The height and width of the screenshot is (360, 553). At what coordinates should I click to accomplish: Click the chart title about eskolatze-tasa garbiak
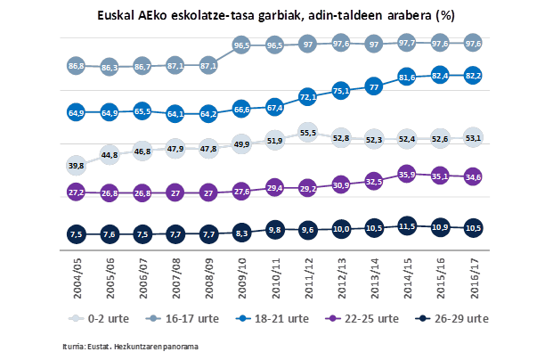tap(276, 15)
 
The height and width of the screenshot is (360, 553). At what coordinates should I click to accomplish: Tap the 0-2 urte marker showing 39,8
tap(76, 165)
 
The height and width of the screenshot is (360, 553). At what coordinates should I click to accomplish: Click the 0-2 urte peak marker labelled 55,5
tap(307, 132)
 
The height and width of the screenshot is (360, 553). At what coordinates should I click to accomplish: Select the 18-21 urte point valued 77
tap(373, 86)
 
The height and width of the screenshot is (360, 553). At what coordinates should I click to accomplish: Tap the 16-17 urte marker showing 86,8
tap(76, 66)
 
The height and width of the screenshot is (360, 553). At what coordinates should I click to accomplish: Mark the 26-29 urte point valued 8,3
tap(240, 233)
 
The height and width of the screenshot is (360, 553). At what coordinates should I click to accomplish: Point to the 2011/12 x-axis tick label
tap(307, 275)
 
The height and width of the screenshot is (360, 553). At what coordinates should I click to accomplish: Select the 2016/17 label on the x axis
tap(473, 275)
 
